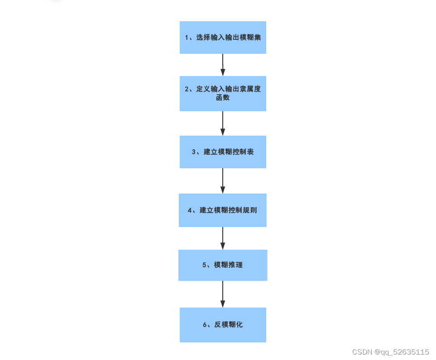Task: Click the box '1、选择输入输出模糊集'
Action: click(x=223, y=38)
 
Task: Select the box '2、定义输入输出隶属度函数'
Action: click(x=223, y=93)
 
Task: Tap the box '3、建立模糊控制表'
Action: click(x=223, y=152)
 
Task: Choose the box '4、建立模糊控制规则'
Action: click(x=223, y=210)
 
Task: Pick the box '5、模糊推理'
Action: click(x=223, y=265)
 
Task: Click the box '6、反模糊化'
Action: click(x=223, y=325)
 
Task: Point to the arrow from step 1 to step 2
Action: click(x=223, y=65)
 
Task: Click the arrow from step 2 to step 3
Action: click(x=223, y=123)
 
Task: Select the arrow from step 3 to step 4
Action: click(x=223, y=181)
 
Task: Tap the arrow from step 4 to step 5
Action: click(x=223, y=238)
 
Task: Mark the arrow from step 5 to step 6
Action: click(x=223, y=294)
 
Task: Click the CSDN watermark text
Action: click(x=362, y=352)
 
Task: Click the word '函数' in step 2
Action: click(x=223, y=98)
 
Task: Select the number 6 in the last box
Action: click(x=205, y=325)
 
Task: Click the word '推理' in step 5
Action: click(x=236, y=265)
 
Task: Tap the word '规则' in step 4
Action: click(x=250, y=210)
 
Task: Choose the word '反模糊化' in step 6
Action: click(x=229, y=325)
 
